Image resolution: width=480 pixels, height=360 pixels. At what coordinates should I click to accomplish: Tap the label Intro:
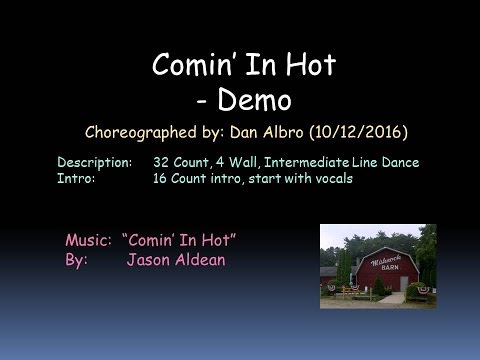pos(76,178)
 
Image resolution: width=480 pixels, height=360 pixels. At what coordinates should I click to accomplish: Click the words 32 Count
pos(182,162)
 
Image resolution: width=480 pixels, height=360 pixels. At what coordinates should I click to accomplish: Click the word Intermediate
pos(307,162)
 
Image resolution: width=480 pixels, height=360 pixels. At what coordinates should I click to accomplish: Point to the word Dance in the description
pos(400,162)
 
